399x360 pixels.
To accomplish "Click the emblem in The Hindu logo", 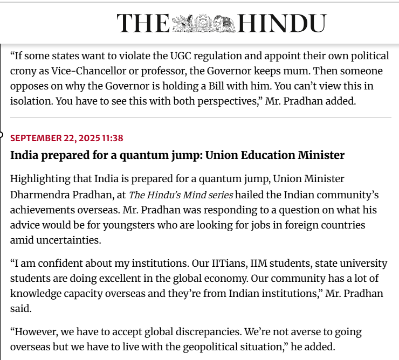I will click(x=203, y=23).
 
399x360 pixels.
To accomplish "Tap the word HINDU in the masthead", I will click(x=282, y=23).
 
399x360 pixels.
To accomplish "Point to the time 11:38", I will click(x=112, y=139).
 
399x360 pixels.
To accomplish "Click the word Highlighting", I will click(x=39, y=178).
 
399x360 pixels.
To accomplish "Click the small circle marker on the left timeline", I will click(x=1, y=135).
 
